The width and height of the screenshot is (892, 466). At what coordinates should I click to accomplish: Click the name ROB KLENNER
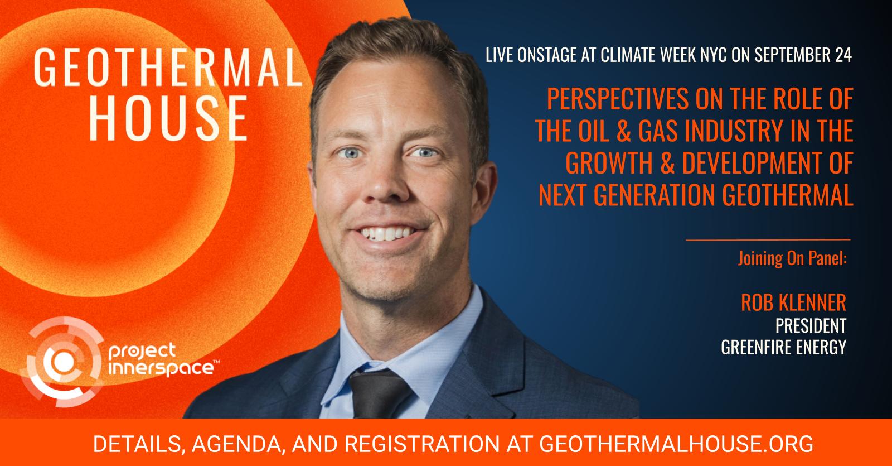(793, 302)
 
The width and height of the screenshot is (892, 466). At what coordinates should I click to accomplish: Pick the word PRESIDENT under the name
(811, 325)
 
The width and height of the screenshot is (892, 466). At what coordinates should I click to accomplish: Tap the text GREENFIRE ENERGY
(783, 347)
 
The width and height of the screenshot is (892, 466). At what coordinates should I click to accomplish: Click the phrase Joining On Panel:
(792, 260)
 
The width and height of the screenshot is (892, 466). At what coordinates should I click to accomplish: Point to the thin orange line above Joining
(768, 240)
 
